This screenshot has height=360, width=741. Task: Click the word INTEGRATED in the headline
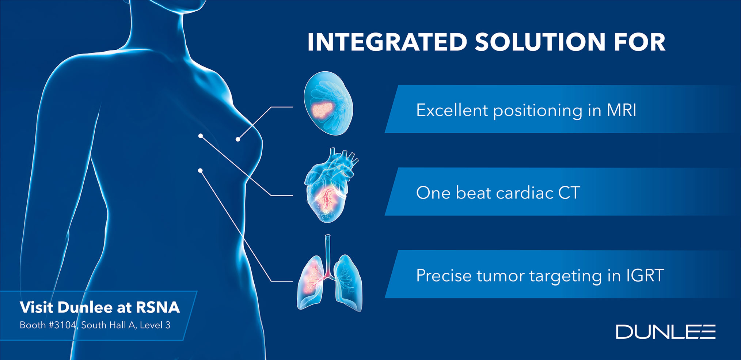(387, 42)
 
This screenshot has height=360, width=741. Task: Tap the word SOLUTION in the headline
(540, 42)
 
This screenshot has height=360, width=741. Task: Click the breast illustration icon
(328, 103)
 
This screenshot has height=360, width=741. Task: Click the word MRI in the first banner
(622, 110)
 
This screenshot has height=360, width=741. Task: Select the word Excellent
(452, 110)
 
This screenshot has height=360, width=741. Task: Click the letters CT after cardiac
(569, 193)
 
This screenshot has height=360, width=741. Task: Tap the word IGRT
(645, 275)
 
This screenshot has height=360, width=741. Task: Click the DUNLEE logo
(665, 331)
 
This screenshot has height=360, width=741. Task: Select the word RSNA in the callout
(157, 307)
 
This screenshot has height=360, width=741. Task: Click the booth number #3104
(62, 325)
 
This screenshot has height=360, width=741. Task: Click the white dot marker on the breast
(238, 139)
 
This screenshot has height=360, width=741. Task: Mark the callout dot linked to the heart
(201, 136)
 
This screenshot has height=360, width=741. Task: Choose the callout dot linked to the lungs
(200, 170)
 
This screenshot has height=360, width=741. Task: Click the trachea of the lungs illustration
(328, 252)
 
